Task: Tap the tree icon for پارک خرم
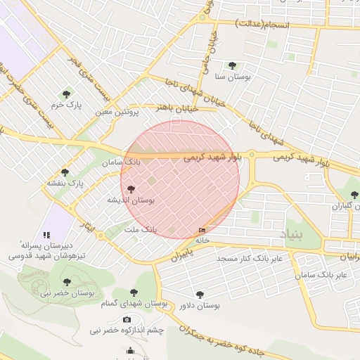67,94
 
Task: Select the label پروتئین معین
117,112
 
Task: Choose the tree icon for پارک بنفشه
65,172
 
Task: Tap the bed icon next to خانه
202,230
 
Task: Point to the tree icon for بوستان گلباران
352,195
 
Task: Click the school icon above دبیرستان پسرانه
46,235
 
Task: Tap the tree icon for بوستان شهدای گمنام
134,292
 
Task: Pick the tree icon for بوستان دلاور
200,295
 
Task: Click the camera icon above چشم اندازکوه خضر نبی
127,320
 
